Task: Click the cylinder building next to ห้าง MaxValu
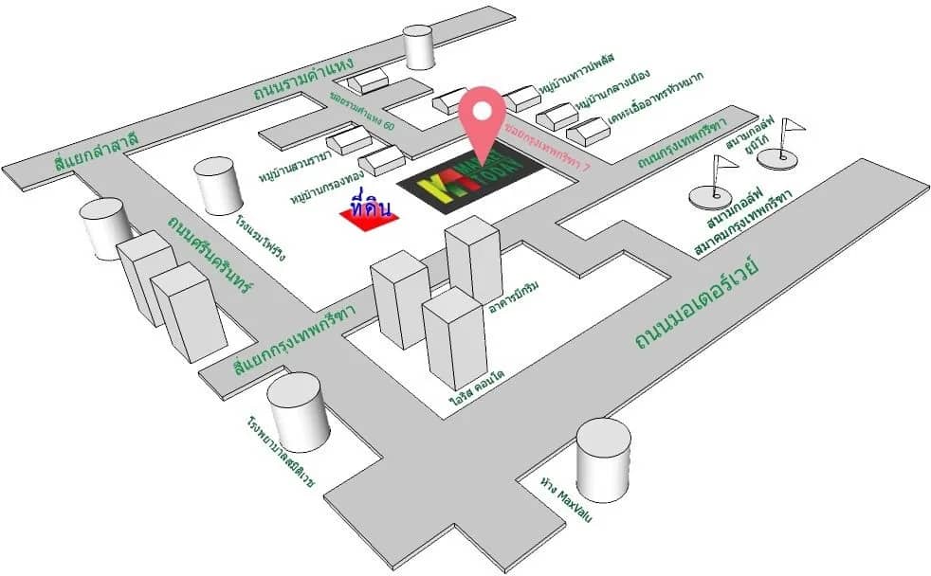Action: coord(603,463)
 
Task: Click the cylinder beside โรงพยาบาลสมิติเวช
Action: coord(298,412)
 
